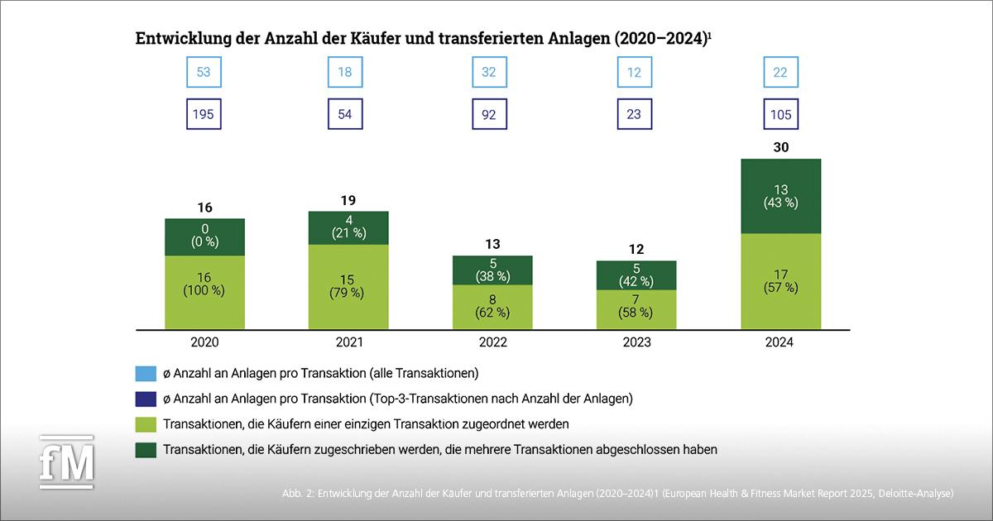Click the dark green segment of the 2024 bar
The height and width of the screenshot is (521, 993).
(x=780, y=196)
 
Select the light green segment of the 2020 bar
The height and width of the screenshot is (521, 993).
(x=204, y=290)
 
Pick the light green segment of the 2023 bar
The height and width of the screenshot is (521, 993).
(x=636, y=307)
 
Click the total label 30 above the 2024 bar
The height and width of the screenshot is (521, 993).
(x=780, y=146)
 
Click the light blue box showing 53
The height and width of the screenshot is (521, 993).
(x=204, y=72)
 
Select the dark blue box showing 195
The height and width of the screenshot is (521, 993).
(x=204, y=114)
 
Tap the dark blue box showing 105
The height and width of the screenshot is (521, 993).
(x=780, y=114)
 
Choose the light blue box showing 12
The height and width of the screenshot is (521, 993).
(x=636, y=72)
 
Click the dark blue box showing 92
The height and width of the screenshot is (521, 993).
(x=489, y=114)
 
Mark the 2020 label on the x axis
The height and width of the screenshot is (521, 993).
(x=204, y=342)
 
